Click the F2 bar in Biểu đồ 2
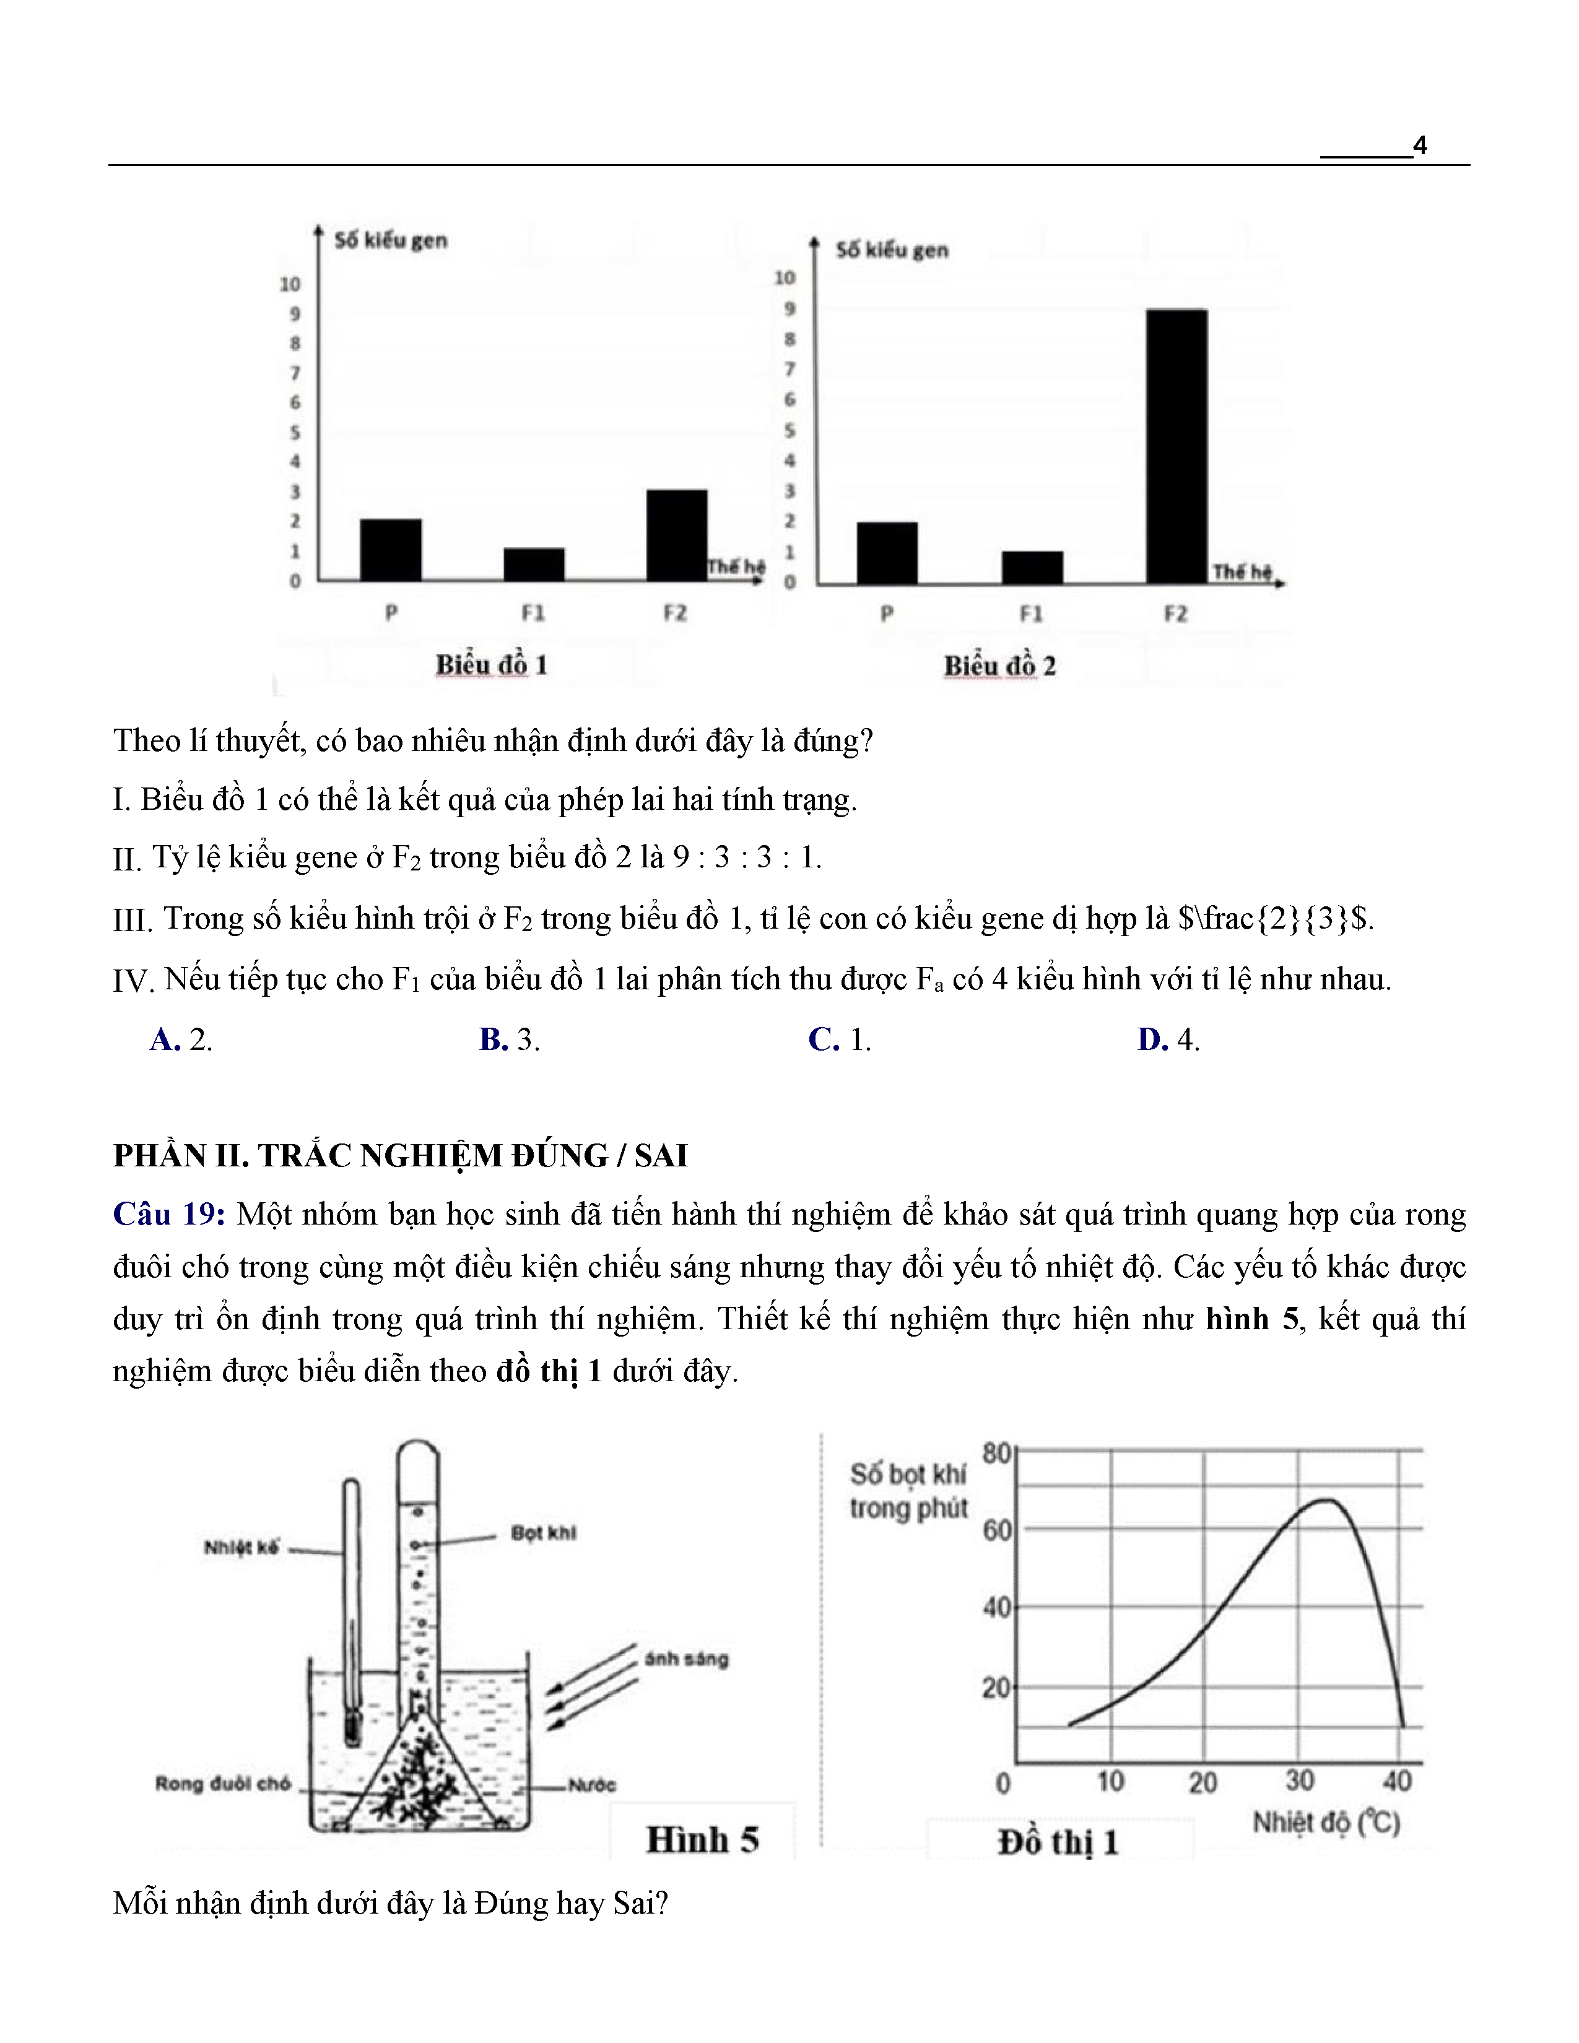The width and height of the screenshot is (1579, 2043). [1176, 446]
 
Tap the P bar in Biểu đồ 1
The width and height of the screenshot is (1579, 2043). [390, 550]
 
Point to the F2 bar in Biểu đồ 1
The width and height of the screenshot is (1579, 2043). [676, 535]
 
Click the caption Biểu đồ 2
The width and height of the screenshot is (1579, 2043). [999, 666]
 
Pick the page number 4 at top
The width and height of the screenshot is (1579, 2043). [1419, 146]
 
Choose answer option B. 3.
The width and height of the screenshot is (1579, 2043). [510, 1039]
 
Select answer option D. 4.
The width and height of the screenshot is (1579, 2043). [1168, 1039]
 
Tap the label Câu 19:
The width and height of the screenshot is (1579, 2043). [168, 1214]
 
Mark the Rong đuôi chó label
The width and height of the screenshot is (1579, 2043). [223, 1783]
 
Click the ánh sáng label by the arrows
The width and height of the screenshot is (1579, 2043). [687, 1659]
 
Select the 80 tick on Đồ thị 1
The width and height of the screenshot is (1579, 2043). [996, 1453]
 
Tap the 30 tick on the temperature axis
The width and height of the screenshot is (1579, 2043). [1298, 1780]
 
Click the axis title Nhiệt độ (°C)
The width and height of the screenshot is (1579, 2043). [1326, 1822]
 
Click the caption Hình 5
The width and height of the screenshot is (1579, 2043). [702, 1839]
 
